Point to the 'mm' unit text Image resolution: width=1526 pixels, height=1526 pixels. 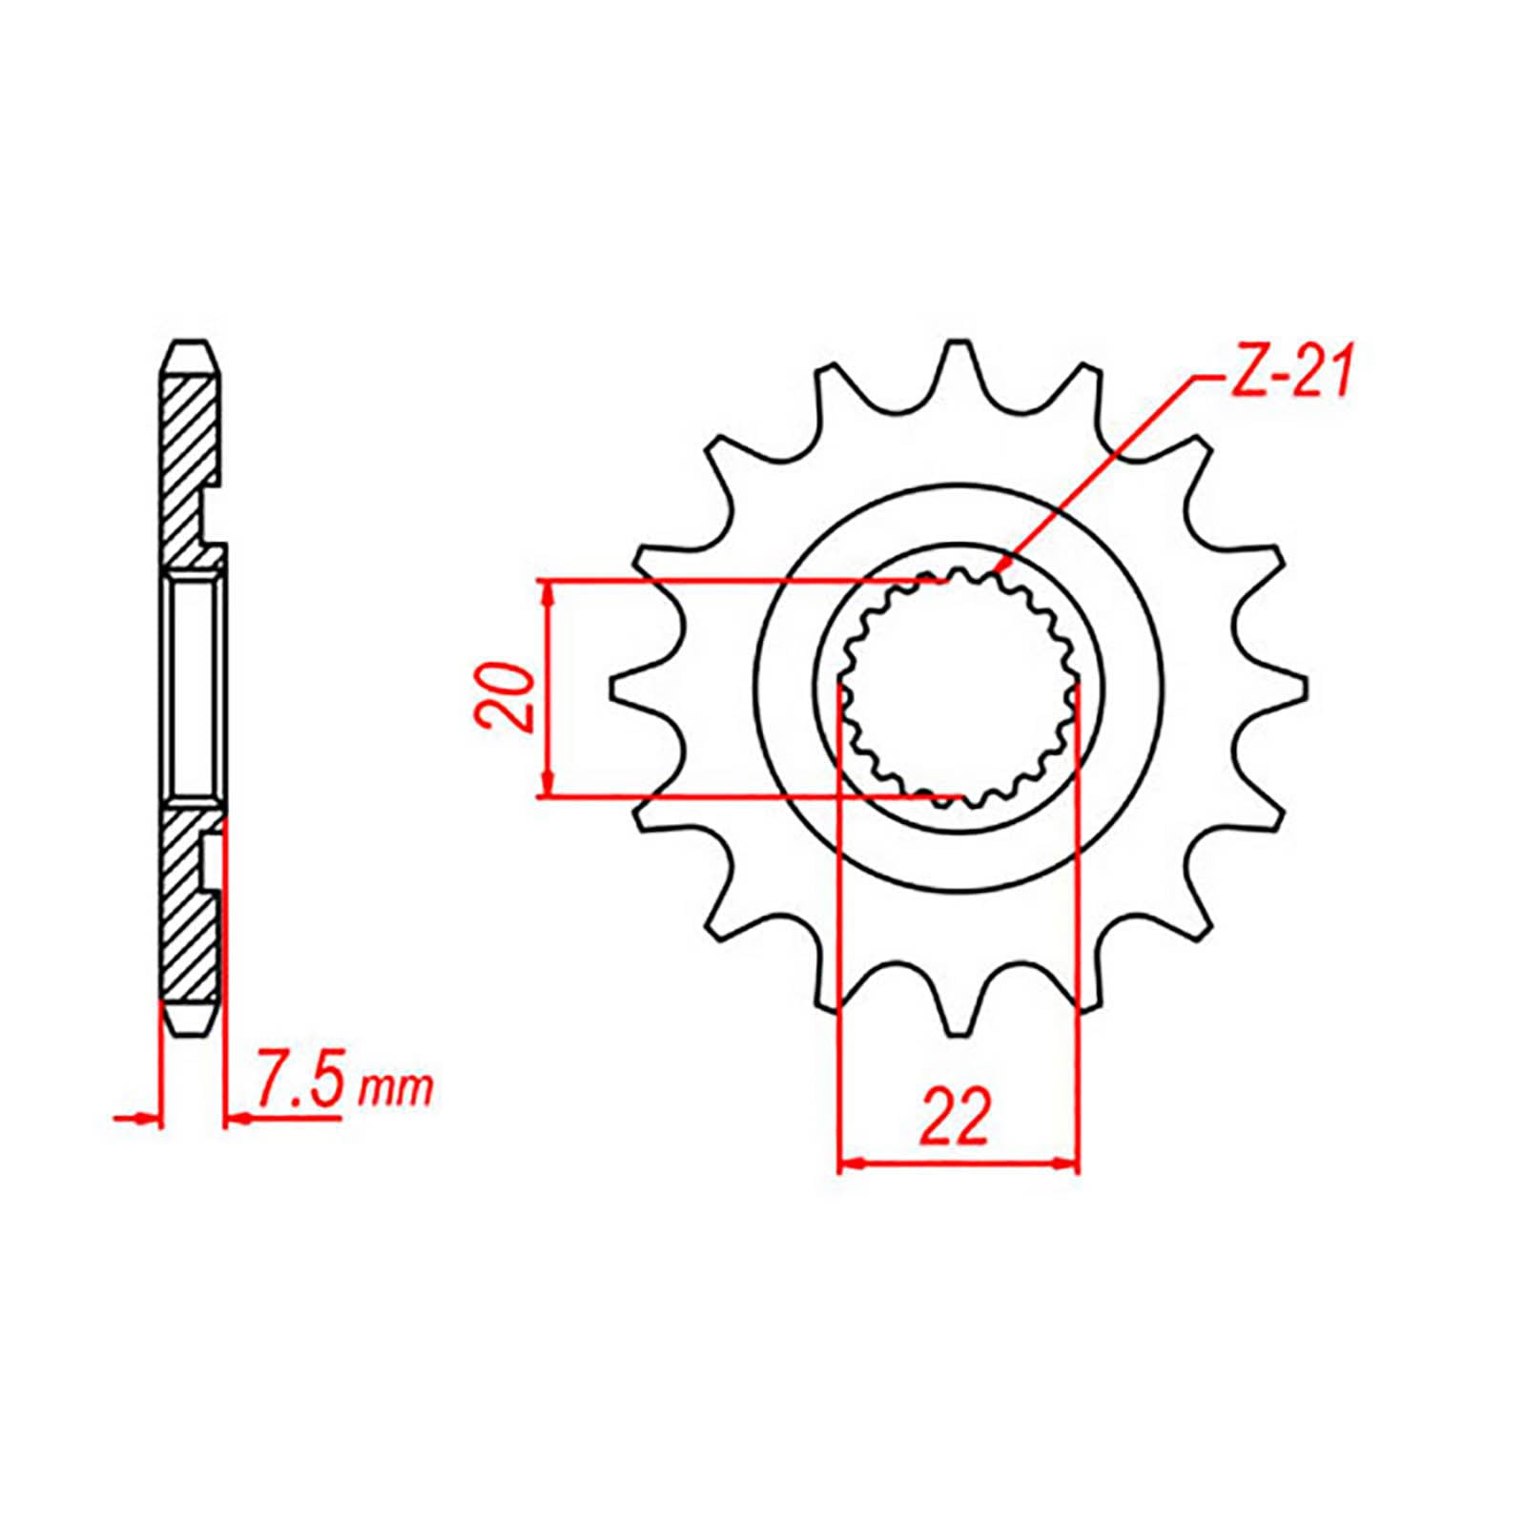tap(395, 1088)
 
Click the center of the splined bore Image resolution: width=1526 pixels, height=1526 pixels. tap(958, 688)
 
